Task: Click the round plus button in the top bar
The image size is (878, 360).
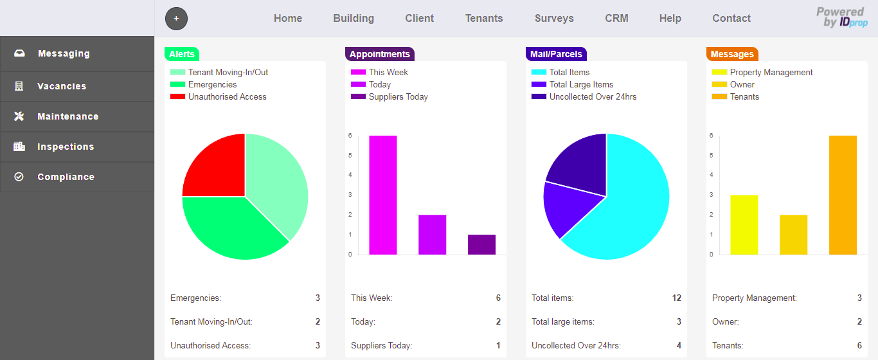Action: [x=176, y=19]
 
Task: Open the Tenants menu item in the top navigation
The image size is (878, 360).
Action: [x=484, y=18]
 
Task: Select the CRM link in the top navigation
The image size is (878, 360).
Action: [x=616, y=18]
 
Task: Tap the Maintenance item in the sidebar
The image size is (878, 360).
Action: [x=67, y=116]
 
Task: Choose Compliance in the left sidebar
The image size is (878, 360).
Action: [x=66, y=177]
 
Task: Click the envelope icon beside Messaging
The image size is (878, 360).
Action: [x=19, y=53]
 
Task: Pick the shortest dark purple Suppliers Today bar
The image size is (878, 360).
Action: [x=481, y=244]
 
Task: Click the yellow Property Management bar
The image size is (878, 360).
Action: [x=744, y=224]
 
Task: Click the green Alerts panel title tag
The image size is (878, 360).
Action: [x=181, y=54]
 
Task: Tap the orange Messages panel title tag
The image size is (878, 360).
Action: [x=731, y=54]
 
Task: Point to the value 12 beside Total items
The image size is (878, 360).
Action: [x=676, y=298]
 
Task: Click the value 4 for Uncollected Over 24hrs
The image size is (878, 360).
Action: [x=679, y=345]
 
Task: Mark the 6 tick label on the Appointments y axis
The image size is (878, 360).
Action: [x=350, y=136]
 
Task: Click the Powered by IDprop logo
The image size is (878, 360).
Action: [x=841, y=17]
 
